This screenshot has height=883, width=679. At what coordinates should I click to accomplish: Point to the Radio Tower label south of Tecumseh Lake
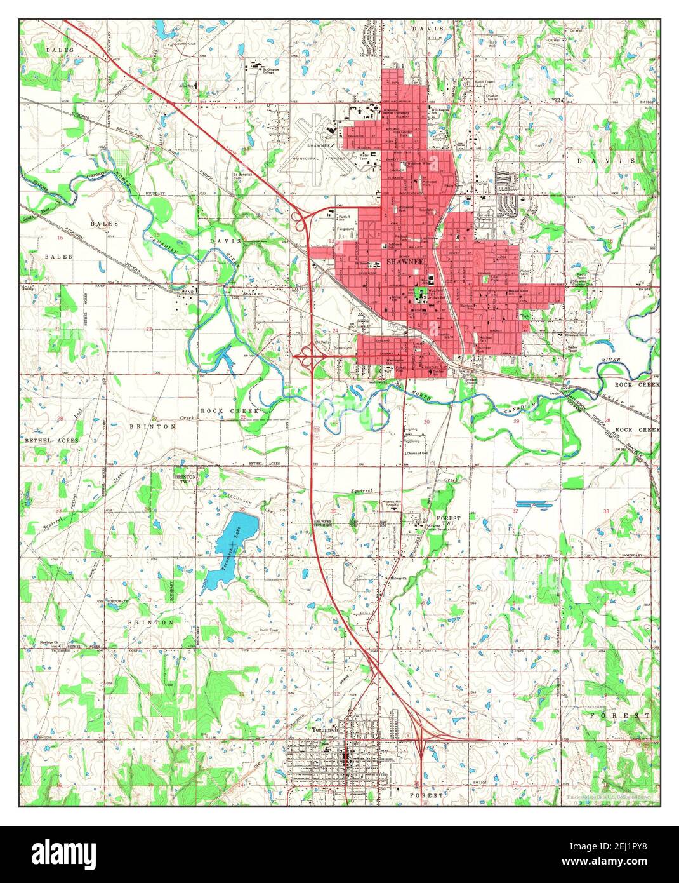click(x=268, y=630)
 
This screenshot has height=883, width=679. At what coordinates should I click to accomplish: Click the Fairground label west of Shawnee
click(x=345, y=229)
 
